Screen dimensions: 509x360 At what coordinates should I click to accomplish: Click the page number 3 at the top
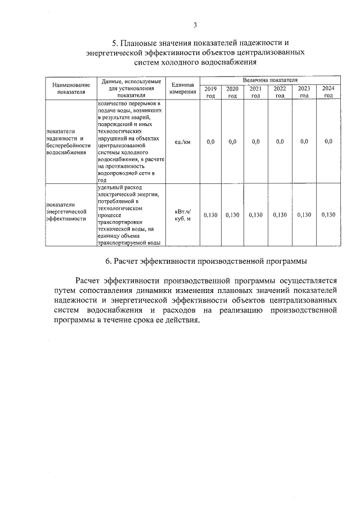pos(195,25)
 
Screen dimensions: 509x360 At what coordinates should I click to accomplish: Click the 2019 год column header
pos(210,92)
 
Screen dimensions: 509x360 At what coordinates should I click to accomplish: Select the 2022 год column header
pos(280,92)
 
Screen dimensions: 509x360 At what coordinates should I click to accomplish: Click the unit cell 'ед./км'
pos(182,142)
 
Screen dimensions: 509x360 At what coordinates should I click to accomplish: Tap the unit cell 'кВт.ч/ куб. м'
pos(182,215)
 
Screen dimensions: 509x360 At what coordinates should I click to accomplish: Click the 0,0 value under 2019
pos(210,142)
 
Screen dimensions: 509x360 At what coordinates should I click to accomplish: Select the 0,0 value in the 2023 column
pos(304,142)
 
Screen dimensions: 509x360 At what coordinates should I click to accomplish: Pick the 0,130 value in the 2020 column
pos(232,215)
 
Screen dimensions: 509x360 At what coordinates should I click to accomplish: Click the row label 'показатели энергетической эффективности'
pos(66,211)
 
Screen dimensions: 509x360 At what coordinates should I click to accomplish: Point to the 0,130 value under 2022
pos(280,215)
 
